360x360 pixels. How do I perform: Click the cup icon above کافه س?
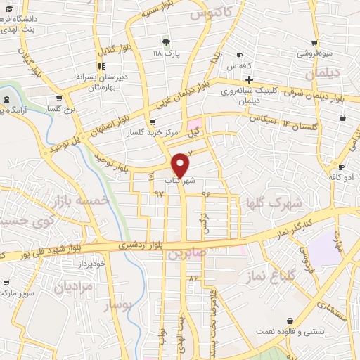tap(239, 56)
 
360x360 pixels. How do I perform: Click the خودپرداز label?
tap(93, 262)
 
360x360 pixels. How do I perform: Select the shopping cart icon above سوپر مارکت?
tap(7, 283)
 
